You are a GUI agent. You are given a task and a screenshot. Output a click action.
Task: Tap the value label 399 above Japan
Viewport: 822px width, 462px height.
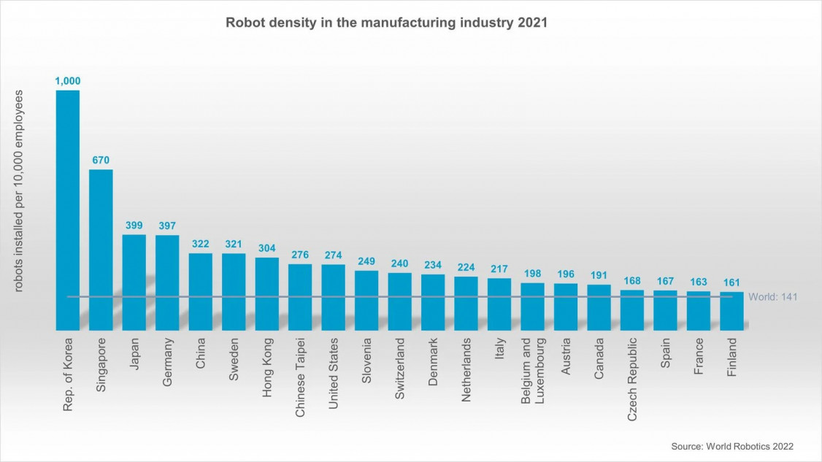pyautogui.click(x=134, y=226)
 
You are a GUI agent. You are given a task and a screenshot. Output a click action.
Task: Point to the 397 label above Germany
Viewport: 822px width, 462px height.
pyautogui.click(x=167, y=226)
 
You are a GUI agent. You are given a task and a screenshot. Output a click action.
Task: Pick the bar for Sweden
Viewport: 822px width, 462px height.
pyautogui.click(x=234, y=291)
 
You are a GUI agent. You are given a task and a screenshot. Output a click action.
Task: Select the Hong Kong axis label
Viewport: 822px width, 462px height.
pyautogui.click(x=267, y=366)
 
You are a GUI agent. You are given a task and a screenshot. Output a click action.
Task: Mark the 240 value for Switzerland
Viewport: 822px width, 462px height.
pyautogui.click(x=399, y=264)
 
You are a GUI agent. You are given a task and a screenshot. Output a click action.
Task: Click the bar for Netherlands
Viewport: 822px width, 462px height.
pyautogui.click(x=466, y=303)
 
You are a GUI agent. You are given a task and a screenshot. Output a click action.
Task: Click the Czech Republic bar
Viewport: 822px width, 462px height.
pyautogui.click(x=632, y=310)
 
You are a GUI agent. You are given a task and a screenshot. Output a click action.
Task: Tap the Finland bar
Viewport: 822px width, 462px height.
pyautogui.click(x=731, y=311)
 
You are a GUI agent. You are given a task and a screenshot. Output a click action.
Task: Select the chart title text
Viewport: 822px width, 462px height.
pyautogui.click(x=386, y=23)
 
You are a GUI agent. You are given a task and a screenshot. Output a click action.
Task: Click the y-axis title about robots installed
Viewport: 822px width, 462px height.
pyautogui.click(x=20, y=191)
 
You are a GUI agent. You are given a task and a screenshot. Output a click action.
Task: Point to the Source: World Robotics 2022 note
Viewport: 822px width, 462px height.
pyautogui.click(x=731, y=446)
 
